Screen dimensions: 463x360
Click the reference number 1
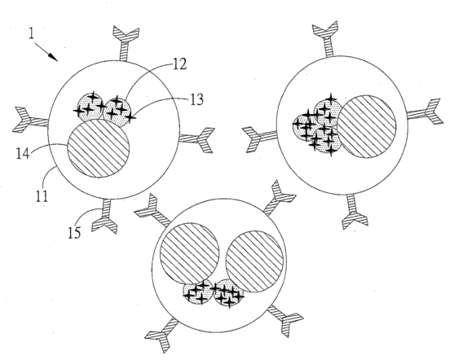click(x=32, y=33)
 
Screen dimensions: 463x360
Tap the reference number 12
click(x=179, y=64)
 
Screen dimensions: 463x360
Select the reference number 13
click(x=196, y=99)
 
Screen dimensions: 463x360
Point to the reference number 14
click(x=23, y=153)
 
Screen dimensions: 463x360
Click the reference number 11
click(x=42, y=195)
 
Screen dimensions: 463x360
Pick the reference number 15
click(x=74, y=232)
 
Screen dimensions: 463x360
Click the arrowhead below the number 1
click(x=54, y=57)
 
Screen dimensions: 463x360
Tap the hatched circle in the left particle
click(x=99, y=148)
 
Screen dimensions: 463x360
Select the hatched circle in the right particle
click(x=366, y=126)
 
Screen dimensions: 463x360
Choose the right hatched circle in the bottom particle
click(x=255, y=261)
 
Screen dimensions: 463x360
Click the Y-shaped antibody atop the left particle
click(x=126, y=43)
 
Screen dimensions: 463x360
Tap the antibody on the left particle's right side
click(x=197, y=139)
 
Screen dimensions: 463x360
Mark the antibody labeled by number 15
click(x=105, y=216)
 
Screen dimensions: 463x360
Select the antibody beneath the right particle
click(x=354, y=211)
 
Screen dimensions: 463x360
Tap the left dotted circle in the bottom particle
click(x=198, y=293)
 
